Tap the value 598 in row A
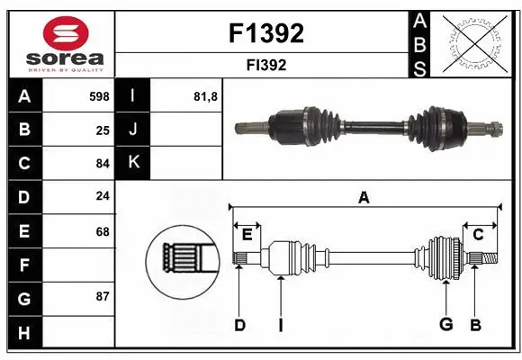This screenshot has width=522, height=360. coord(98,96)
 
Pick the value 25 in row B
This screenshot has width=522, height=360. coord(102,130)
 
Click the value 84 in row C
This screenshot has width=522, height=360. coord(102,163)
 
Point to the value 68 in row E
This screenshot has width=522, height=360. coord(102,231)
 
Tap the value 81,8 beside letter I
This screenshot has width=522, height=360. coord(206,96)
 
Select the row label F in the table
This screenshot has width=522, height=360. coord(23,265)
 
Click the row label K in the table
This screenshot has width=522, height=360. coord(133,163)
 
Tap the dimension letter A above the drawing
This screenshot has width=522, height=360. coord(364,198)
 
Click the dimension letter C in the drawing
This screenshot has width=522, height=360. coord(478,235)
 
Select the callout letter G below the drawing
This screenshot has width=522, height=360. coord(445,325)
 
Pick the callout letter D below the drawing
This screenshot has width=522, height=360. coord(239,325)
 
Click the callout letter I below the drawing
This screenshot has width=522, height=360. coord(280,325)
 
